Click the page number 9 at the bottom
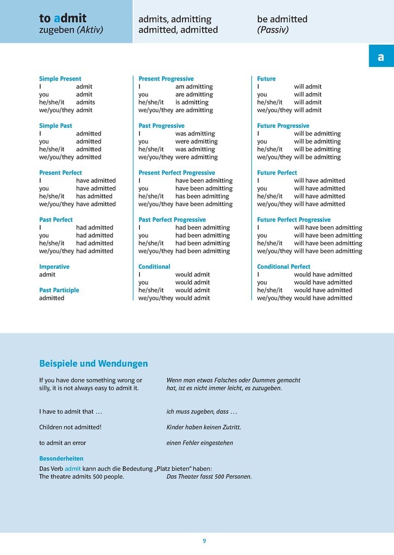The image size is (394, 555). pyautogui.click(x=204, y=541)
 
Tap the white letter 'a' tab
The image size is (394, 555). pyautogui.click(x=380, y=57)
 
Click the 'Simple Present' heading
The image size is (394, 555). pyautogui.click(x=60, y=79)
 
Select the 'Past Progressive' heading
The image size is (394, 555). pyautogui.click(x=161, y=126)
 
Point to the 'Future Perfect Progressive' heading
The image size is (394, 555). pyautogui.click(x=293, y=220)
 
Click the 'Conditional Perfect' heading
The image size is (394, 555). pyautogui.click(x=284, y=267)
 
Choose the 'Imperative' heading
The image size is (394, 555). pyautogui.click(x=54, y=267)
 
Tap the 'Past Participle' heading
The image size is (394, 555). pyautogui.click(x=59, y=290)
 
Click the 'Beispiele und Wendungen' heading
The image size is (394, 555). pyautogui.click(x=93, y=363)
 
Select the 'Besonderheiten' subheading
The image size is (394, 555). pyautogui.click(x=61, y=459)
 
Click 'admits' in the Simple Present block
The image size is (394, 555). pyautogui.click(x=85, y=102)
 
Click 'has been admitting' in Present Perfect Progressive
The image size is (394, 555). pyautogui.click(x=202, y=196)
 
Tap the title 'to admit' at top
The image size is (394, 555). pyautogui.click(x=63, y=18)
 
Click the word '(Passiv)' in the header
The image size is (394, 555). pyautogui.click(x=273, y=30)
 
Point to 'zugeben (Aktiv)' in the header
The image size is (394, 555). pyautogui.click(x=71, y=30)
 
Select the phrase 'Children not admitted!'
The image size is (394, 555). pyautogui.click(x=70, y=427)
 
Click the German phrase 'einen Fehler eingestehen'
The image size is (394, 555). pyautogui.click(x=199, y=443)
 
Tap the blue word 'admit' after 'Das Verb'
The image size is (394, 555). pyautogui.click(x=72, y=468)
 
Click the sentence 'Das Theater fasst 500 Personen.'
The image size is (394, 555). pyautogui.click(x=209, y=477)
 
